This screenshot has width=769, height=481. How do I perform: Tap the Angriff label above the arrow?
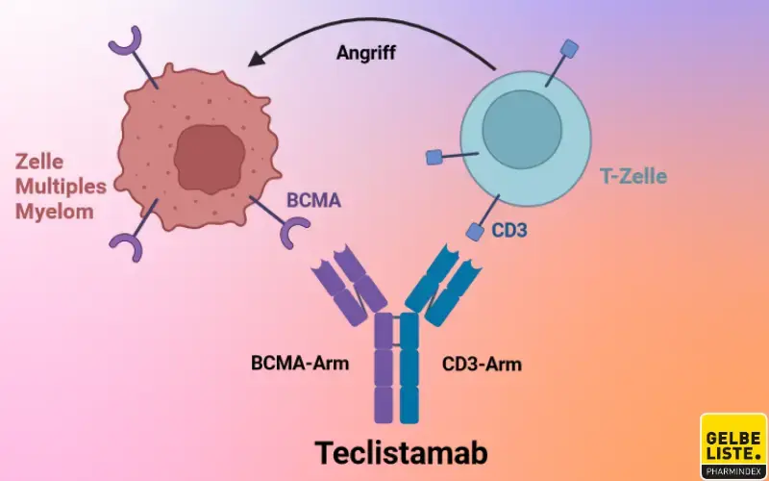[366, 52]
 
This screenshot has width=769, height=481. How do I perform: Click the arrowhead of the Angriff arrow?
[256, 61]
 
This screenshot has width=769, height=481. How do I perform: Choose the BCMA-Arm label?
[300, 365]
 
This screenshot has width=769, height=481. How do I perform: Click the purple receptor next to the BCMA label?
[294, 233]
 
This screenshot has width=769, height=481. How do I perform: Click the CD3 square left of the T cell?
[434, 157]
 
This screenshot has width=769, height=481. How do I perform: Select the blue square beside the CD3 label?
[474, 231]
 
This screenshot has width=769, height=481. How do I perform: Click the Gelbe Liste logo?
[732, 447]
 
